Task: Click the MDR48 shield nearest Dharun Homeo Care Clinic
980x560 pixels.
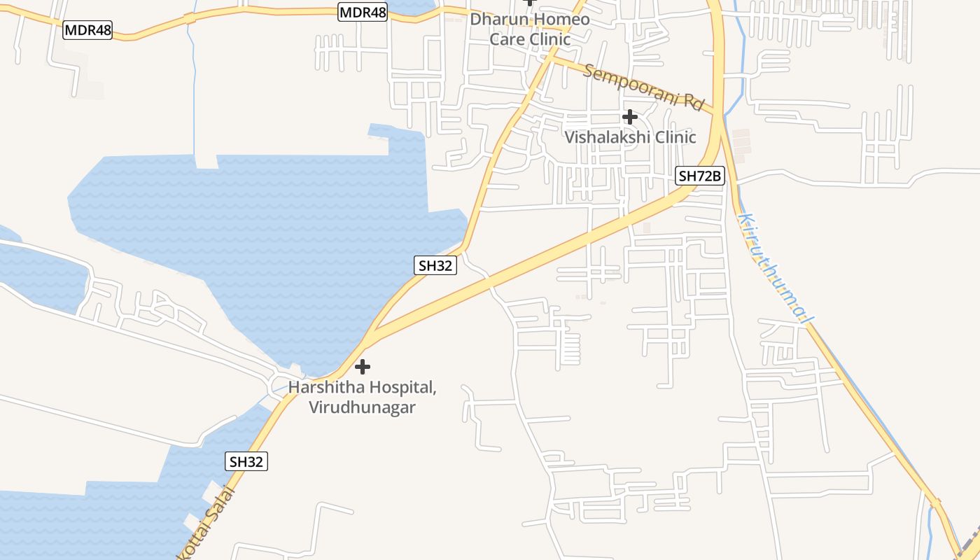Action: tap(363, 12)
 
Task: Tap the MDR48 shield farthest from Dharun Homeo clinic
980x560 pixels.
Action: tap(87, 30)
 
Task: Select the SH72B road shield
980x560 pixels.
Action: tap(699, 176)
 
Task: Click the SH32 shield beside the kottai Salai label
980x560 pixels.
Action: tap(247, 461)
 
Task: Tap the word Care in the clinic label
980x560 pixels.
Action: tap(507, 38)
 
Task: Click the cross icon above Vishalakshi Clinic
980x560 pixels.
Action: tap(630, 117)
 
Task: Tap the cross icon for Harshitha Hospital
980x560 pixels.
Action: tap(363, 366)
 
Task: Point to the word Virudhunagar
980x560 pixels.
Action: tap(363, 407)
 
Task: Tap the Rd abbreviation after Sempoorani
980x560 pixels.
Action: tap(693, 102)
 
